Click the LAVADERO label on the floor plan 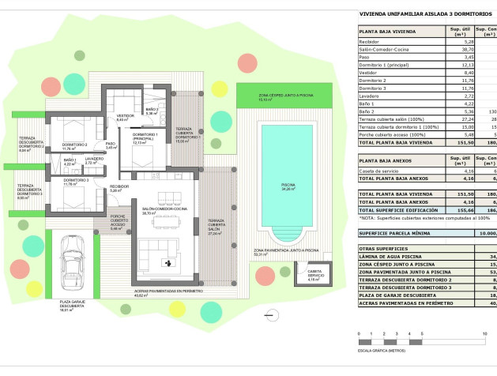coord(94,160)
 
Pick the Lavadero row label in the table coord(372,95)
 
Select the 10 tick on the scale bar coord(484,335)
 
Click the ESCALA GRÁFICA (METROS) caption coord(382,349)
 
